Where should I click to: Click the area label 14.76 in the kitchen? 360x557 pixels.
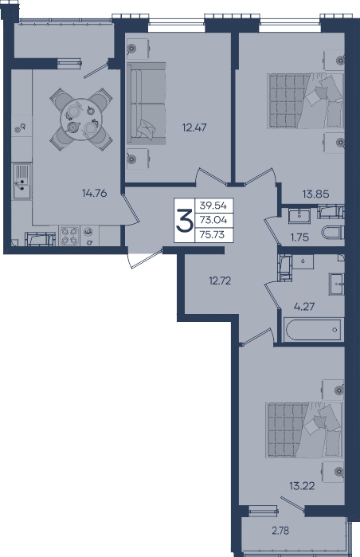pyautogui.click(x=95, y=194)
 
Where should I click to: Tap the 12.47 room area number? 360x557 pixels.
pyautogui.click(x=194, y=127)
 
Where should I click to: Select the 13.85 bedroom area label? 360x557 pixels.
pyautogui.click(x=315, y=194)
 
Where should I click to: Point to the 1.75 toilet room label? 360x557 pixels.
pyautogui.click(x=299, y=237)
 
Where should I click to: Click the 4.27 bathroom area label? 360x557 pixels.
pyautogui.click(x=304, y=306)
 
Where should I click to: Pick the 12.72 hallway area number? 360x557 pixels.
pyautogui.click(x=220, y=281)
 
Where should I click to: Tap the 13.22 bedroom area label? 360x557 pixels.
pyautogui.click(x=302, y=485)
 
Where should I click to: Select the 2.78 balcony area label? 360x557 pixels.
pyautogui.click(x=280, y=531)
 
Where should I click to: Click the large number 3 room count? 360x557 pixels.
pyautogui.click(x=185, y=220)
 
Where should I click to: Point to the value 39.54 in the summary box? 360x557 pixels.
pyautogui.click(x=213, y=206)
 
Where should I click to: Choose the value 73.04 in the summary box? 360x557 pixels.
pyautogui.click(x=213, y=220)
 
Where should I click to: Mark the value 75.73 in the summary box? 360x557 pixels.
pyautogui.click(x=213, y=235)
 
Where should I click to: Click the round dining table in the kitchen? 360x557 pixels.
pyautogui.click(x=81, y=119)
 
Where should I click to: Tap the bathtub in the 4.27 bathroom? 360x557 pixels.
pyautogui.click(x=314, y=330)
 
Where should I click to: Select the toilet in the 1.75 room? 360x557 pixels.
pyautogui.click(x=333, y=233)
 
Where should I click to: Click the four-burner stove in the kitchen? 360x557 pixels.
pyautogui.click(x=69, y=236)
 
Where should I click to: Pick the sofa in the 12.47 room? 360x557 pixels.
pyautogui.click(x=147, y=104)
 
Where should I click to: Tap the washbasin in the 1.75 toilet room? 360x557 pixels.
pyautogui.click(x=299, y=216)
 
